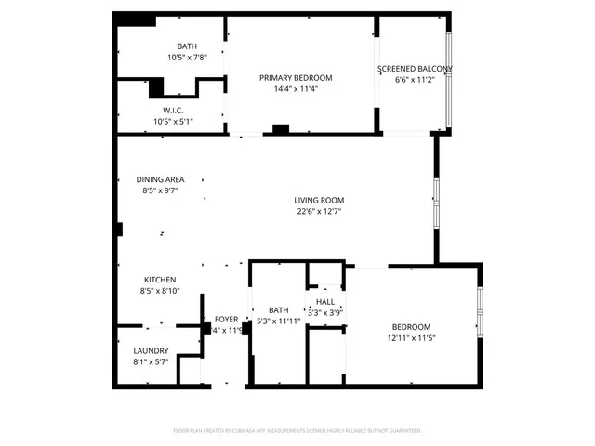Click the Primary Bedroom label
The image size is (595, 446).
(295, 78)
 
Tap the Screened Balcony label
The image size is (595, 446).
(415, 69)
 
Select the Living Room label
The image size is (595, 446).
(319, 200)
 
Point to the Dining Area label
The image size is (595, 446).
(160, 179)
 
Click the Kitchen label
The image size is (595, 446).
(160, 280)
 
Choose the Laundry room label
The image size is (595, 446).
(151, 350)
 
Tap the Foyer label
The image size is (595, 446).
(227, 320)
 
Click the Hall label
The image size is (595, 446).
(325, 302)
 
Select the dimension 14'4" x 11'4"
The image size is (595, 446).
(295, 89)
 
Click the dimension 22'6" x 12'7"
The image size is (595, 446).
(319, 211)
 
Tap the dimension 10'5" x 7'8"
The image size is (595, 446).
(188, 58)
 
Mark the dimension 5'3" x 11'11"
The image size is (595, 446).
(279, 321)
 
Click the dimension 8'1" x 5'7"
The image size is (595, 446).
(151, 361)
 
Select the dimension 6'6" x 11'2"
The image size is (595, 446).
(415, 80)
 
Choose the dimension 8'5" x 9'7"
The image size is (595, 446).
(160, 190)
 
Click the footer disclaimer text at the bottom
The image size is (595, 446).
(297, 431)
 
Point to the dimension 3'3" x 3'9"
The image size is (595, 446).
(325, 313)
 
